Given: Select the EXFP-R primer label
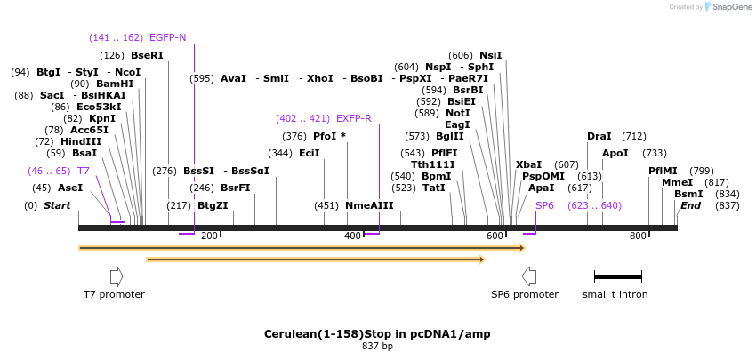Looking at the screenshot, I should click(354, 118).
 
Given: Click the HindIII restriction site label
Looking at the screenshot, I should click(81, 141).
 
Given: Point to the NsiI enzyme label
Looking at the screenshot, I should click(491, 55).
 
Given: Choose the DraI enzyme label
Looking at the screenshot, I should click(599, 136).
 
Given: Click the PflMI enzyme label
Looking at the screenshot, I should click(663, 171).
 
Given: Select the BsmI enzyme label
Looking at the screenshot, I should click(688, 194).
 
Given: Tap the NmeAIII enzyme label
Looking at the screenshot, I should click(369, 205).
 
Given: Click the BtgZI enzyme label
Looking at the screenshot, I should click(213, 205).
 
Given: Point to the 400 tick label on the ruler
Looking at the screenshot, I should click(352, 236).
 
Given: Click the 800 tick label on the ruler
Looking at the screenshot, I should click(638, 236).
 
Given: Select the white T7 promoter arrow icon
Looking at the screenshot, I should click(117, 276).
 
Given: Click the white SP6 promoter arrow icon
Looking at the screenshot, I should click(529, 276).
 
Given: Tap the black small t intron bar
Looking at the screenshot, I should click(617, 276).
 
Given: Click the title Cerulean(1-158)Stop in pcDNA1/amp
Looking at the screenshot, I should click(377, 333).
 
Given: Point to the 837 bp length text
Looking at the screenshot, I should click(377, 346).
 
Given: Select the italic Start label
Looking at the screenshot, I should click(57, 205).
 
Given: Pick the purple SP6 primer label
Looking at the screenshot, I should click(544, 205).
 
